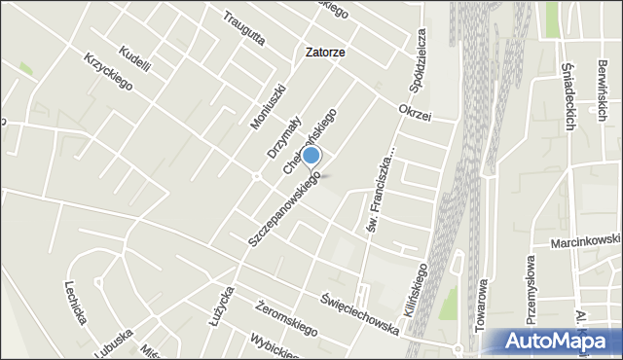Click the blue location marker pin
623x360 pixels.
tap(311, 156)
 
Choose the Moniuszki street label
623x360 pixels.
tap(264, 105)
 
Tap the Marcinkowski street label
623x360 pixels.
tap(585, 239)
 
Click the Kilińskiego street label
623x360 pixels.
tap(412, 285)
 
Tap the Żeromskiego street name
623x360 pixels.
tap(278, 316)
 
